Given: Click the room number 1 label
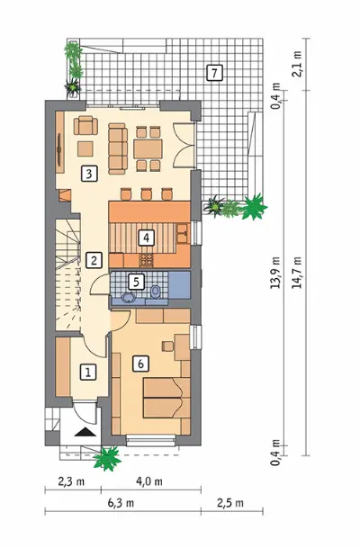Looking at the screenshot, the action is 87,372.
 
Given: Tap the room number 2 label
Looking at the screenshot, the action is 94,260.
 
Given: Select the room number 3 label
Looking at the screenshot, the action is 89,174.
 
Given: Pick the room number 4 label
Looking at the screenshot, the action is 146,238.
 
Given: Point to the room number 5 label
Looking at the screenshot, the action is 136,282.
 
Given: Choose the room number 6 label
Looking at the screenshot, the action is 140,364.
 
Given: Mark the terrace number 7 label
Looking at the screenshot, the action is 214,73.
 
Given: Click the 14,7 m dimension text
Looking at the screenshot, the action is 298,273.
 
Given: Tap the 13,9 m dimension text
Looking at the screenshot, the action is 275,273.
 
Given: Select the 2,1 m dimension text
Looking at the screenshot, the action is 297,64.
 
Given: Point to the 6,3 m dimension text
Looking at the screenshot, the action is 121,503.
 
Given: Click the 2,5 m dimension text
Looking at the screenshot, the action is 230,503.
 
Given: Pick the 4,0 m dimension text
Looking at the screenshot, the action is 149,481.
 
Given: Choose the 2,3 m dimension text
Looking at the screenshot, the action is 71,481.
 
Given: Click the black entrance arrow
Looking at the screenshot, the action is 85,432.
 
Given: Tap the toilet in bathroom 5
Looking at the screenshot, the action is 155,292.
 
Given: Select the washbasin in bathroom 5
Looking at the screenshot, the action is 130,298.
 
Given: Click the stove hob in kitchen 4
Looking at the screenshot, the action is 147,259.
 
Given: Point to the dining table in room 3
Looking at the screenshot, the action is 148,148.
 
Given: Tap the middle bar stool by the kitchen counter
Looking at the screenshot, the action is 147,193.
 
